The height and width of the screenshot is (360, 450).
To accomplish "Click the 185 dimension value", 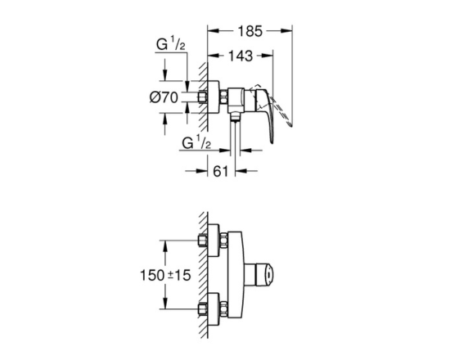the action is click(x=250, y=31).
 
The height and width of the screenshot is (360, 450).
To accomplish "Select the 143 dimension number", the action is click(x=241, y=56).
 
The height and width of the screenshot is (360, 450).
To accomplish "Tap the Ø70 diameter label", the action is click(x=164, y=97).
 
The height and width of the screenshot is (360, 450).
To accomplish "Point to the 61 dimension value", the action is click(x=220, y=172).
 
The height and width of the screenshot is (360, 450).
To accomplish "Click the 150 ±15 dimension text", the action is click(x=165, y=275).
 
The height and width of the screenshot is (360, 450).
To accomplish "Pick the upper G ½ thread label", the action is click(x=170, y=45).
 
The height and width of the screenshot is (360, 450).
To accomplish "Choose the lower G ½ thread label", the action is click(x=196, y=142).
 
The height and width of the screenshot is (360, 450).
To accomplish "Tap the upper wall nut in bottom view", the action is click(x=203, y=241).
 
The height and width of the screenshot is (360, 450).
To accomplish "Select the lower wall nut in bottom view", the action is click(x=203, y=309).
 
